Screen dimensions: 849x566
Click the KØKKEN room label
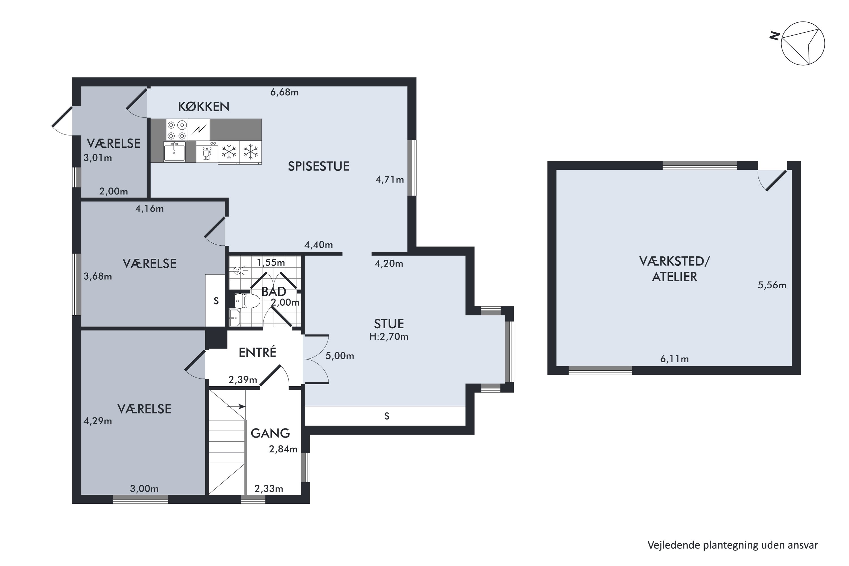pyautogui.click(x=203, y=106)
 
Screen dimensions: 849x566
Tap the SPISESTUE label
pyautogui.click(x=318, y=166)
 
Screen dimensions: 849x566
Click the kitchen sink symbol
pyautogui.click(x=174, y=151)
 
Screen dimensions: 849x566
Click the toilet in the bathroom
pyautogui.click(x=247, y=301)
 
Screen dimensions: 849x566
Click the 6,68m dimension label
pyautogui.click(x=284, y=93)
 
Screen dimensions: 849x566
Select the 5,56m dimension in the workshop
pyautogui.click(x=772, y=285)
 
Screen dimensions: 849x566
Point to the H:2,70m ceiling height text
pyautogui.click(x=389, y=336)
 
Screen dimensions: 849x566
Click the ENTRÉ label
pyautogui.click(x=257, y=352)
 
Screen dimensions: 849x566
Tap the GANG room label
pyautogui.click(x=270, y=433)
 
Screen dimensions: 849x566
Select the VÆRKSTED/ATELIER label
pyautogui.click(x=674, y=269)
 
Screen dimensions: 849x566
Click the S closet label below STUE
pyautogui.click(x=387, y=416)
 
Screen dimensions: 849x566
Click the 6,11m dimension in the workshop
pyautogui.click(x=674, y=359)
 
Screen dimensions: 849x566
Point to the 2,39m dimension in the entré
pyautogui.click(x=243, y=380)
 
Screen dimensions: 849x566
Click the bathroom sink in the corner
pyautogui.click(x=235, y=317)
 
